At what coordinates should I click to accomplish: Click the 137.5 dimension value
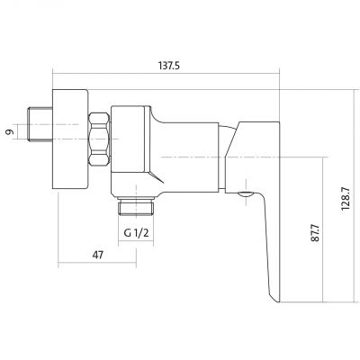pos(168,66)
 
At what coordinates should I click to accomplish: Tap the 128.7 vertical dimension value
pos(346,199)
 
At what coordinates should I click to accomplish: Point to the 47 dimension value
pos(97,255)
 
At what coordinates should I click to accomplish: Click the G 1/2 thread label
pos(136,233)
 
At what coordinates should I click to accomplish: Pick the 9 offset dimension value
pos(10,131)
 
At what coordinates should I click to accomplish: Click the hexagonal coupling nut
pos(99,139)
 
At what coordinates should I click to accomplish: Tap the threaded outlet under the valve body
pos(136,206)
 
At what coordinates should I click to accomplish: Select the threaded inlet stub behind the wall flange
pos(40,123)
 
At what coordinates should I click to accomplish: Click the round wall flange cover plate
pos(70,139)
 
